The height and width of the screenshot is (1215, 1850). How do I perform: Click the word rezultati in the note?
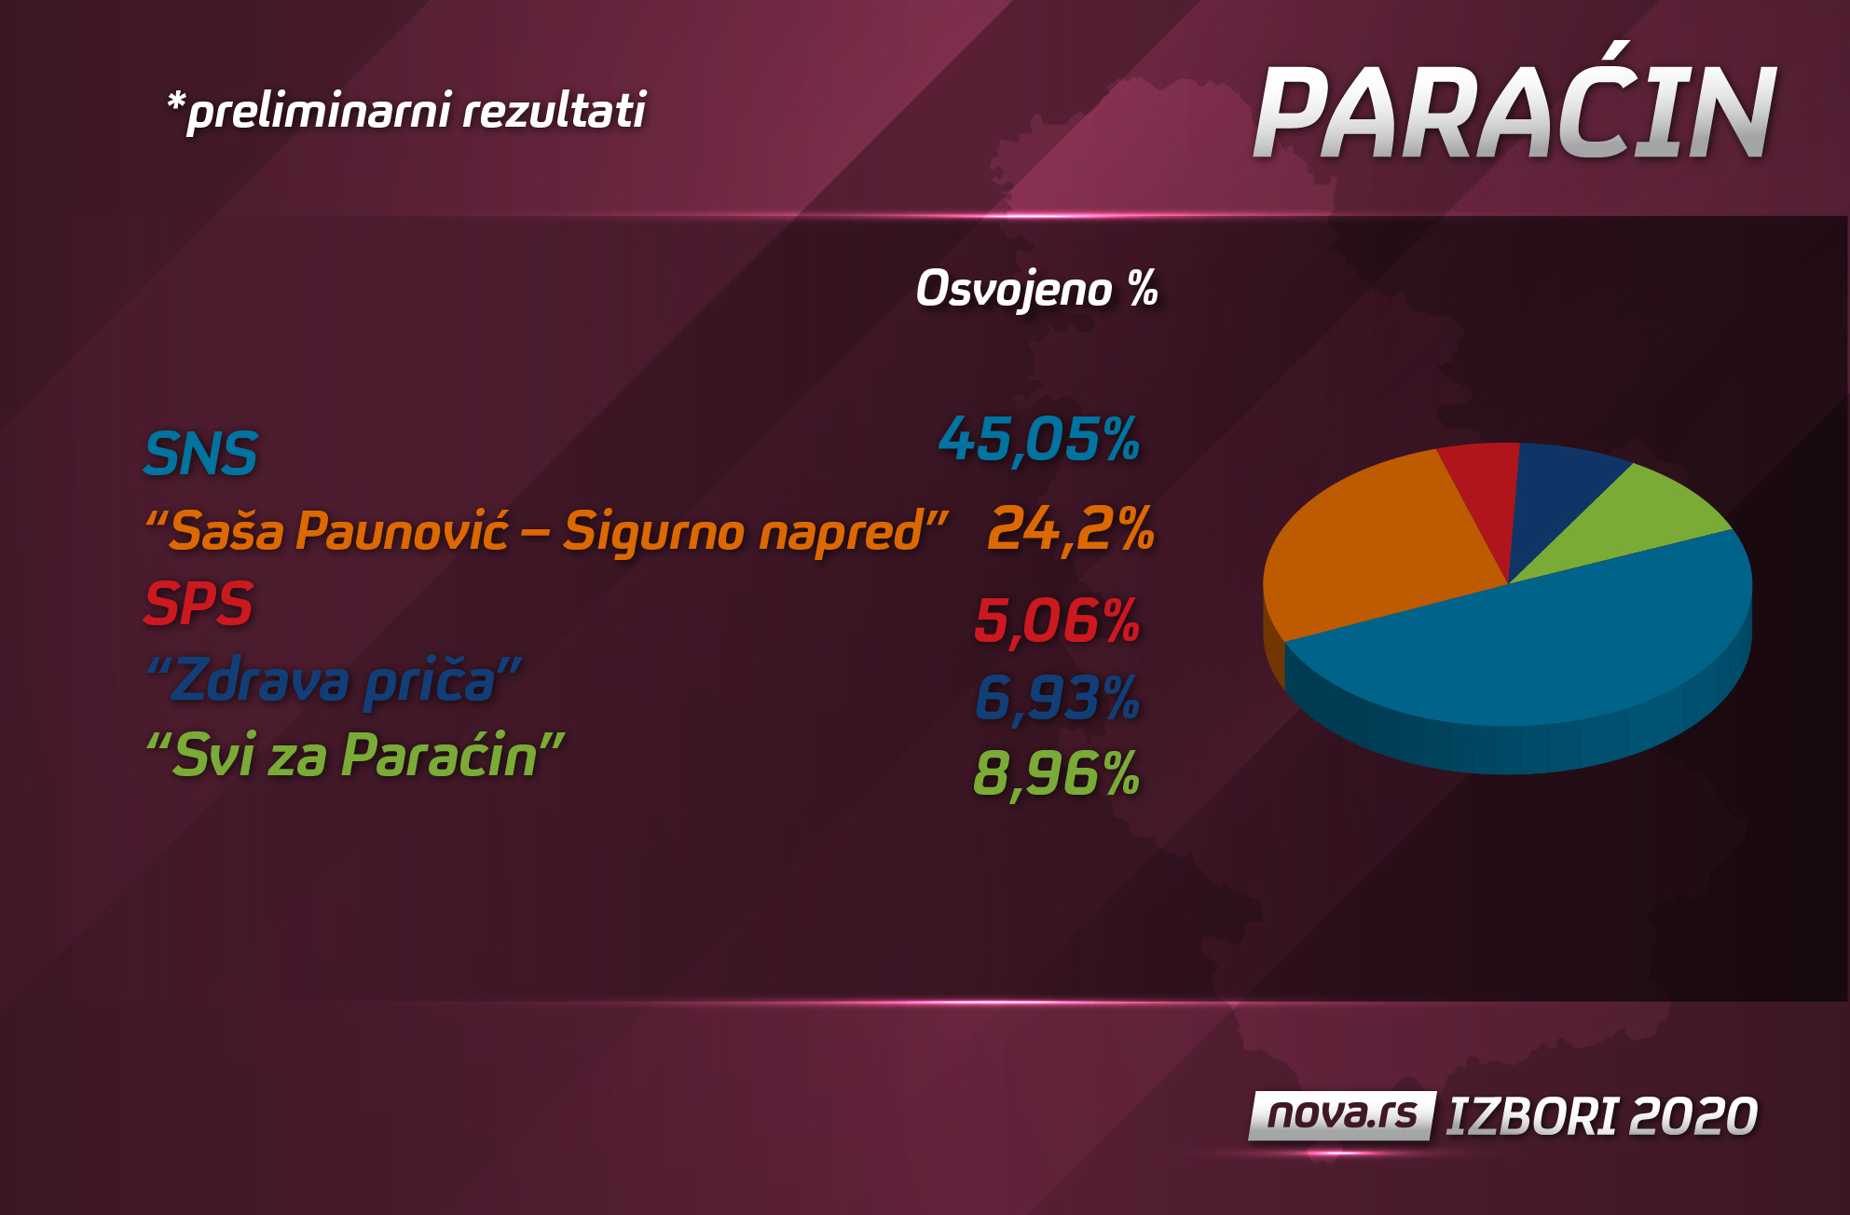pos(554,111)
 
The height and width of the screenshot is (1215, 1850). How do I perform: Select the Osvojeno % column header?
pos(1036,289)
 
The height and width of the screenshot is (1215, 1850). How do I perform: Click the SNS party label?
pos(200,454)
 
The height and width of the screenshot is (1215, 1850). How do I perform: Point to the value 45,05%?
pos(1039,439)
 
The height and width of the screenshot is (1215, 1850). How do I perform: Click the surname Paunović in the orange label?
pos(402,531)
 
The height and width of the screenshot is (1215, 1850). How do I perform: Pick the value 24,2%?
pos(1071,529)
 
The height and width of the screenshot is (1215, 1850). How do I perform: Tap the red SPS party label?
pos(199,604)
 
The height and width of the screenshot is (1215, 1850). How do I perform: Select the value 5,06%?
pos(1057,621)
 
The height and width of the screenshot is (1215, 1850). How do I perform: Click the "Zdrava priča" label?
pos(334,680)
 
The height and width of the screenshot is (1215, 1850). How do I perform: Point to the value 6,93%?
pos(1057,698)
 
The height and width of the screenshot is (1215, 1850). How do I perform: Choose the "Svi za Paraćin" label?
pos(355,755)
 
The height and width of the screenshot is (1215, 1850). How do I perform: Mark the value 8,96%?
pos(1056,773)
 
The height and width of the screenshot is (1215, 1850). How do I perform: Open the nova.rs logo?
pos(1341,1115)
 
